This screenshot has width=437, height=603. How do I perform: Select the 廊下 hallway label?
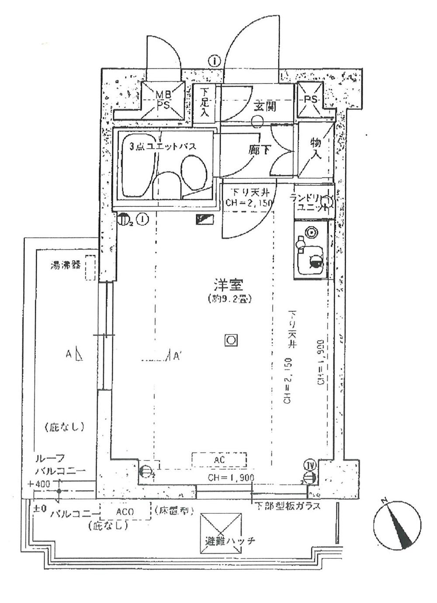(x=259, y=150)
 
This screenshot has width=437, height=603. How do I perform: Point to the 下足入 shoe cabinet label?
(x=205, y=102)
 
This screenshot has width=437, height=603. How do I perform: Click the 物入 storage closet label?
(x=316, y=148)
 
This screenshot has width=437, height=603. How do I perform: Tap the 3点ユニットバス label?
(x=163, y=146)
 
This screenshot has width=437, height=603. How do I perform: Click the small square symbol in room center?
(x=231, y=340)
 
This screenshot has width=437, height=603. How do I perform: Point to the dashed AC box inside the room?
(x=219, y=460)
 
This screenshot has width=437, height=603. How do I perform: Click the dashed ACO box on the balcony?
(x=125, y=511)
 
